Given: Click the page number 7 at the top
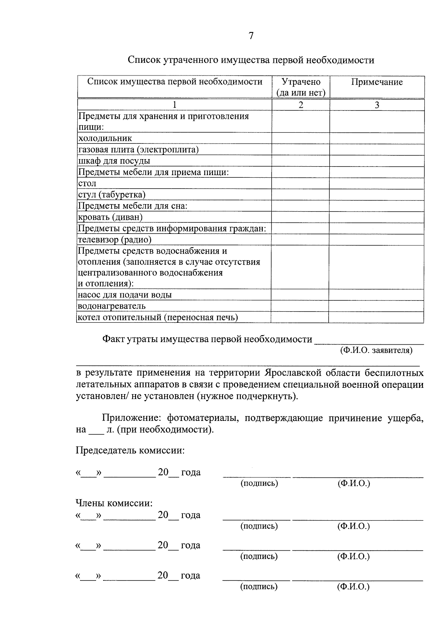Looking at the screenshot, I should click(251, 36).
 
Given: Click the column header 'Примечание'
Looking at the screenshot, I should click(377, 82).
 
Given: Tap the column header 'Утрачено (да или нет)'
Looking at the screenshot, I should click(301, 87).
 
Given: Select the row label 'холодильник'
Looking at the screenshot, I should click(105, 139).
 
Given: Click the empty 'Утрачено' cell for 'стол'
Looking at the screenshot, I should click(300, 184).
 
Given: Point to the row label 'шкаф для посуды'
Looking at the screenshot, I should click(114, 161).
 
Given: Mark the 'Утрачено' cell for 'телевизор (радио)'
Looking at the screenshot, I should click(300, 240).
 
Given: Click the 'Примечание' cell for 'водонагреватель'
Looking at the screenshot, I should click(376, 306).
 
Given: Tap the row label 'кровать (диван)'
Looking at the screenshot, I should click(110, 217).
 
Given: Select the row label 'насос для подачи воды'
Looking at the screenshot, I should click(125, 295).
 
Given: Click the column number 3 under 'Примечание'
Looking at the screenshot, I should click(377, 105).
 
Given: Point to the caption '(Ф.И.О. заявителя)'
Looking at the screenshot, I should click(376, 350).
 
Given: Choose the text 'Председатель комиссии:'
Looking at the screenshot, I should click(130, 451).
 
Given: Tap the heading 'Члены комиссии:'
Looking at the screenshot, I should click(114, 503).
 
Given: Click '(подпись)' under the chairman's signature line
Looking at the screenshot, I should click(259, 483).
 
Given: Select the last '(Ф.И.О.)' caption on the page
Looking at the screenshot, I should click(353, 587).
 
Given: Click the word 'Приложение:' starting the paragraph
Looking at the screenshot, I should click(132, 418).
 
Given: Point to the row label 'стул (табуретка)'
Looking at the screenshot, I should click(112, 195).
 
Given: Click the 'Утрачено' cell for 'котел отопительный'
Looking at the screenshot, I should click(300, 318).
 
